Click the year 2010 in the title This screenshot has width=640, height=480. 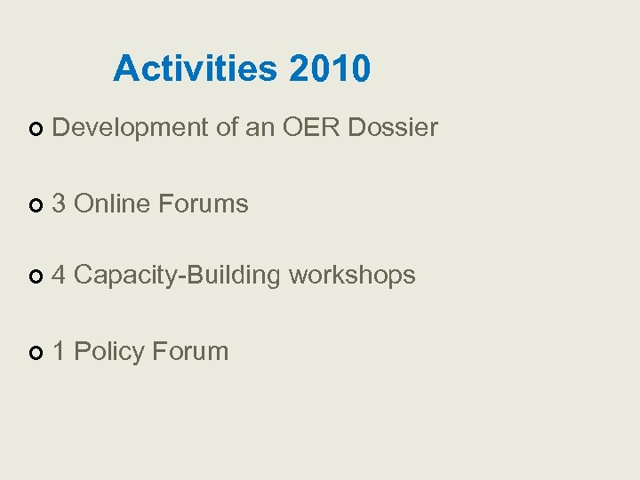[x=329, y=68]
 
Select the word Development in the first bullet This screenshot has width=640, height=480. [x=130, y=128]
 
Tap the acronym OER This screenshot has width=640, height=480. [x=312, y=128]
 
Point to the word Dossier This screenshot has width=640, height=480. [x=393, y=128]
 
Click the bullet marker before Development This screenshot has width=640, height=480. [x=35, y=130]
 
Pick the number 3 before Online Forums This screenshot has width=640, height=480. [x=60, y=204]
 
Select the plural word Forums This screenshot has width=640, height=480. [x=203, y=204]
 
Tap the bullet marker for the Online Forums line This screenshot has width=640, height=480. [x=35, y=205]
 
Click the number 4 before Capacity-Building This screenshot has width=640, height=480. [x=60, y=276]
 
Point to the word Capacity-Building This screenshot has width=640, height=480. [x=178, y=276]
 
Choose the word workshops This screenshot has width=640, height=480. [x=352, y=276]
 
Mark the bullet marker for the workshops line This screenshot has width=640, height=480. [x=35, y=277]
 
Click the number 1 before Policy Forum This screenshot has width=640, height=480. [x=60, y=351]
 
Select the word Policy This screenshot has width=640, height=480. [x=109, y=351]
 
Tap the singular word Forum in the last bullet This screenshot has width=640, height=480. [x=190, y=351]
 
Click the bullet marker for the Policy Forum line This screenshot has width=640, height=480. [x=35, y=353]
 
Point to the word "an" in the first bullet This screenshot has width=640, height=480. [x=260, y=128]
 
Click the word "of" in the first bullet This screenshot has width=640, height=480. [x=227, y=128]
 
